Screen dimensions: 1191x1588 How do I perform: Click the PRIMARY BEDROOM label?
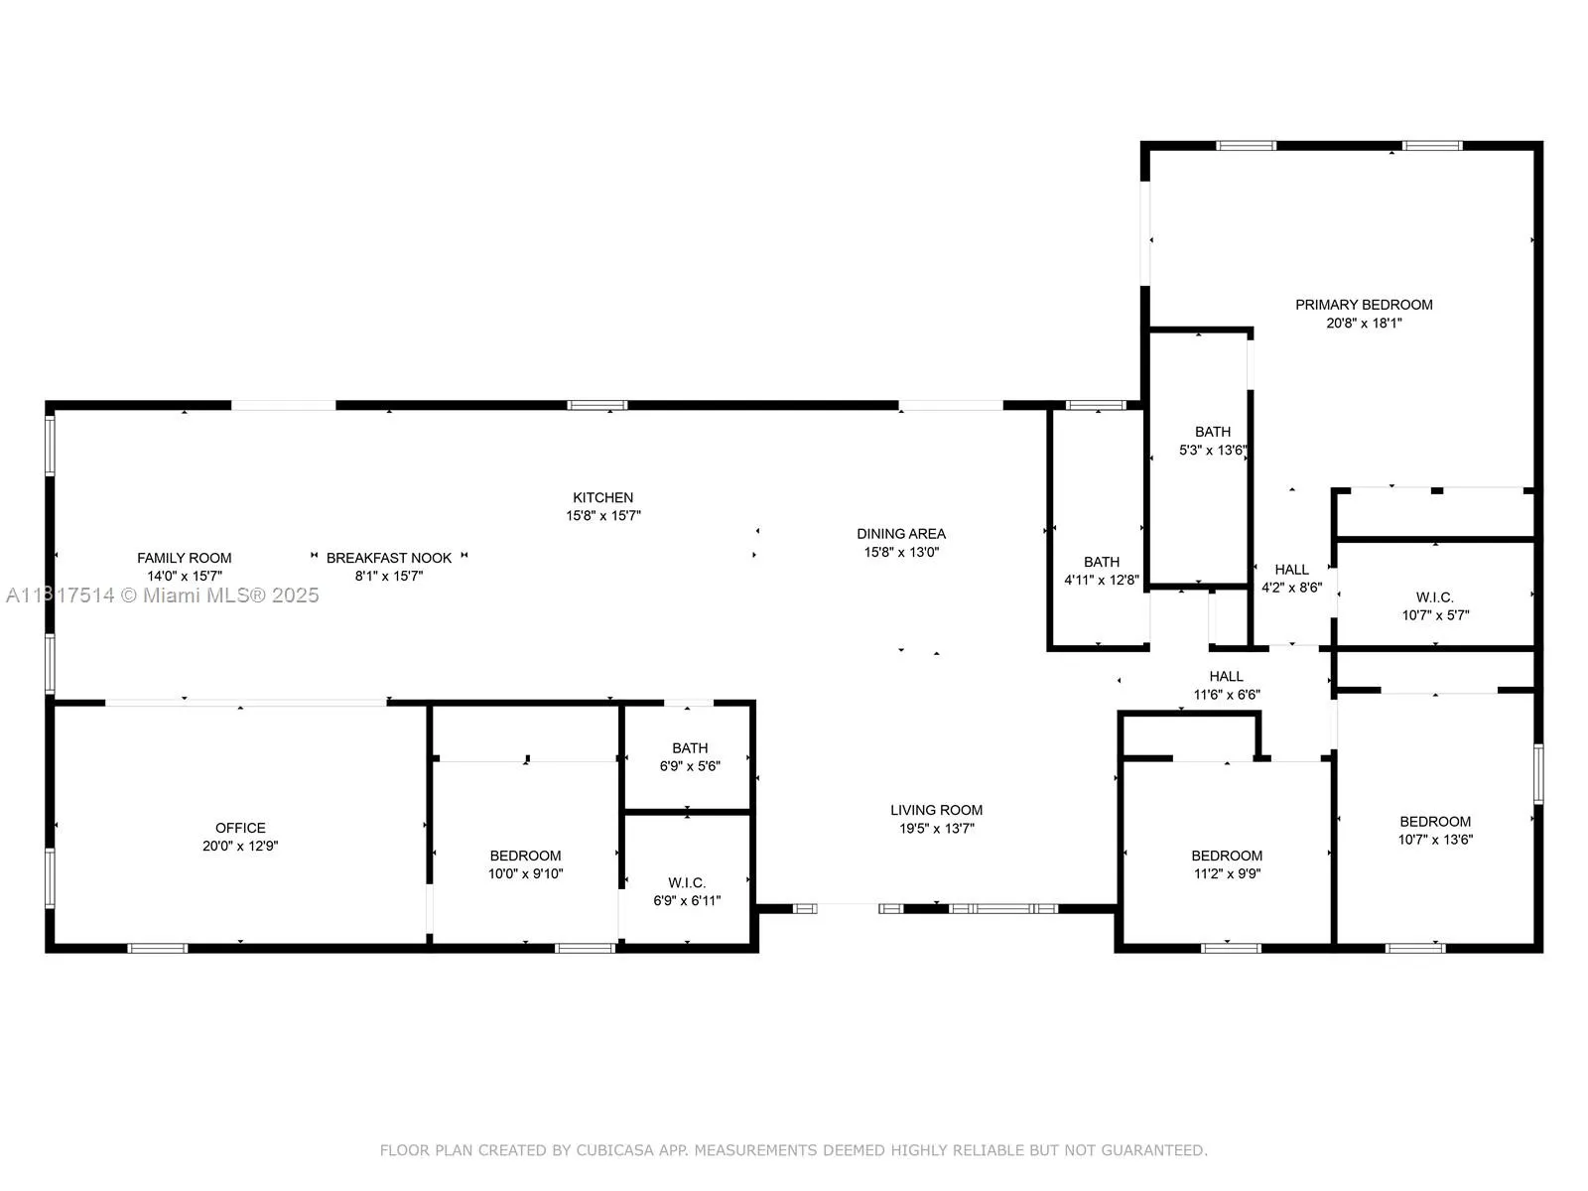click(x=1364, y=305)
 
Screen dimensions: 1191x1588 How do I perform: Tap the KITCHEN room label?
click(x=602, y=498)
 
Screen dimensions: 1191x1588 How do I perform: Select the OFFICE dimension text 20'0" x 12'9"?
click(x=240, y=847)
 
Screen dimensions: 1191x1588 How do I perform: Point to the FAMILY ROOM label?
click(x=185, y=558)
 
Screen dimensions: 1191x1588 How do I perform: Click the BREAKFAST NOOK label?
click(x=389, y=558)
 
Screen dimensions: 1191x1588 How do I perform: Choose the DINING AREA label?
click(x=901, y=534)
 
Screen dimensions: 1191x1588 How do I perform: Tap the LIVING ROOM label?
click(x=936, y=810)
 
